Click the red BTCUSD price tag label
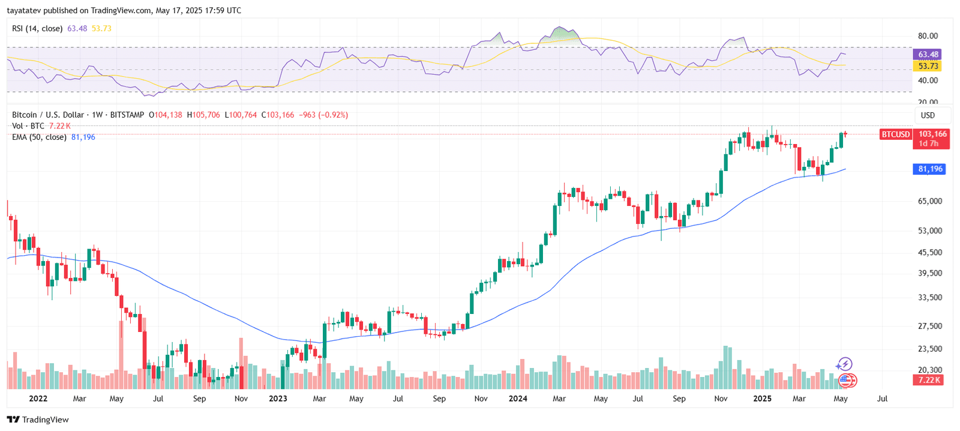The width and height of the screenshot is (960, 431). [x=895, y=134]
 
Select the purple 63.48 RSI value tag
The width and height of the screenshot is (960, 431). [x=928, y=55]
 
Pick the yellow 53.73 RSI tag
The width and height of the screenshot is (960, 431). [x=928, y=66]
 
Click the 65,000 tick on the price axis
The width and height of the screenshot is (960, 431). [x=929, y=201]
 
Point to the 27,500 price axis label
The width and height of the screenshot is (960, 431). [x=929, y=326]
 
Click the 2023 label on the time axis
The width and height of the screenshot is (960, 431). [x=278, y=399]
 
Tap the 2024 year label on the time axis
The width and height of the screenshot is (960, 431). [x=518, y=399]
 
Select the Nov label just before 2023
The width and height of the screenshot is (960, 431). [x=241, y=399]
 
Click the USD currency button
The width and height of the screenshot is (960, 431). [x=928, y=115]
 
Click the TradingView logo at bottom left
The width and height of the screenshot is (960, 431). [x=38, y=420]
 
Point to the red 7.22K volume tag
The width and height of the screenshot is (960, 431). [x=929, y=380]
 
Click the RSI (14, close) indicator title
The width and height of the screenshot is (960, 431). [x=37, y=28]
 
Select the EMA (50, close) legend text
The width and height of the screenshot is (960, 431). [x=39, y=137]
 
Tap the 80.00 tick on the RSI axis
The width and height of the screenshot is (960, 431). [x=928, y=36]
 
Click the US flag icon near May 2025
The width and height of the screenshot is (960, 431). [x=845, y=379]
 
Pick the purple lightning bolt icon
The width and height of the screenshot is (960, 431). [x=844, y=364]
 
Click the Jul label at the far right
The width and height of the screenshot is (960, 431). [x=882, y=399]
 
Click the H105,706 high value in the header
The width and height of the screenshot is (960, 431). [x=203, y=115]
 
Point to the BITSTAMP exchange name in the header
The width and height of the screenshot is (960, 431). [x=127, y=115]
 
